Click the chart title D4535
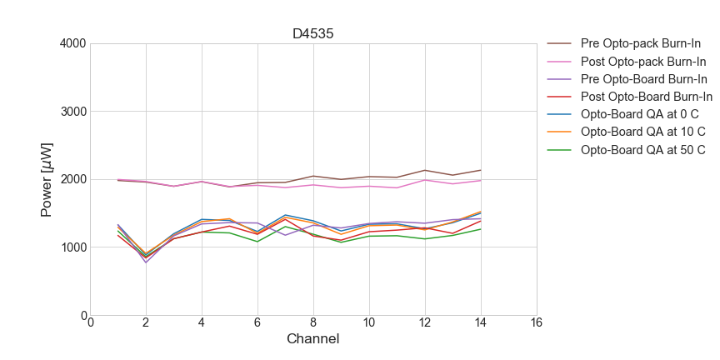click(x=313, y=34)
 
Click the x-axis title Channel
click(x=313, y=339)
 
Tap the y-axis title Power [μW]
click(x=48, y=179)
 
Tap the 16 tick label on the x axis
click(x=537, y=323)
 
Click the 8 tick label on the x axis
click(x=313, y=323)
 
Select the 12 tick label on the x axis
click(x=425, y=323)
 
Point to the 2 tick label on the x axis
click(x=146, y=323)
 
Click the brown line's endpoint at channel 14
click(x=481, y=170)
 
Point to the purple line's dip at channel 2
click(x=146, y=262)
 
